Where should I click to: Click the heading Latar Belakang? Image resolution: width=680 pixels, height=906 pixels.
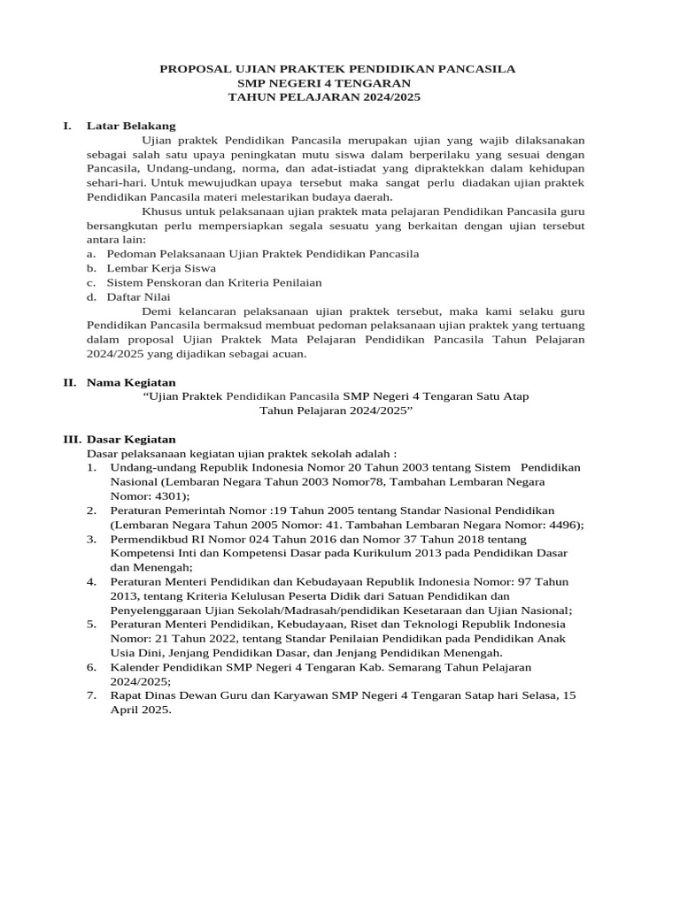[x=131, y=126]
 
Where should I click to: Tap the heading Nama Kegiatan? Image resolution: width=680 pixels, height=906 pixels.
[x=131, y=382]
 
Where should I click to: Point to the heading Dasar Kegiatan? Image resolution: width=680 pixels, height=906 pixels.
[x=131, y=439]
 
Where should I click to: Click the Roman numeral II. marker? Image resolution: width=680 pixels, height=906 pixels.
[x=69, y=382]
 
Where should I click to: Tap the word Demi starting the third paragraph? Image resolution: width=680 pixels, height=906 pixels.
[x=156, y=311]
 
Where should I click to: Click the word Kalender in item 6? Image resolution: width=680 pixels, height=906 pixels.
[x=135, y=666]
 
